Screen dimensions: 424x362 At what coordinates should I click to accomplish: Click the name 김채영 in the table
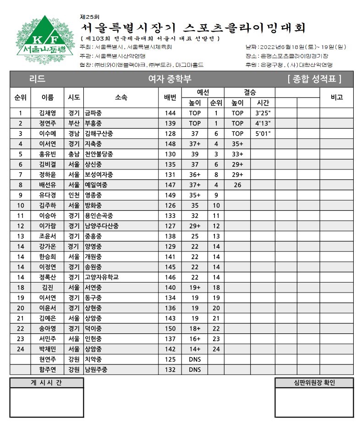[x=48, y=113]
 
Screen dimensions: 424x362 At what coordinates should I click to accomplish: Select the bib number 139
[x=170, y=123]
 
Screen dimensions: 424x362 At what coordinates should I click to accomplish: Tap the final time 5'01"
[x=263, y=134]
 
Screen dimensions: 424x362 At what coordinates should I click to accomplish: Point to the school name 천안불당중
[x=99, y=154]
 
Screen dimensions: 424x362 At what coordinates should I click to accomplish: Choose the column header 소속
[x=121, y=98]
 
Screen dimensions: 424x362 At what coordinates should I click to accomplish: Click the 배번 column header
[x=170, y=98]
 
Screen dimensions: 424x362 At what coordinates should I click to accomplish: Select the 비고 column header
[x=336, y=98]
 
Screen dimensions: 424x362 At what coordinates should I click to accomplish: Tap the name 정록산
[x=48, y=277]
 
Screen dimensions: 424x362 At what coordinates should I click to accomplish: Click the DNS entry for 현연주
[x=195, y=359]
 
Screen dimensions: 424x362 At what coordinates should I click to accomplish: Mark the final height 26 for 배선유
[x=237, y=185]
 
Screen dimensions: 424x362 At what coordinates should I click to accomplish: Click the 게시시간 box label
[x=46, y=383]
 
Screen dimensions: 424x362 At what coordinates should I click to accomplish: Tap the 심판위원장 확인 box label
[x=314, y=383]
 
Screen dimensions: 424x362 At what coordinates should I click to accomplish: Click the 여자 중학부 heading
[x=170, y=79]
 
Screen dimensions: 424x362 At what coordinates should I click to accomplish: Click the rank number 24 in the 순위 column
[x=20, y=349]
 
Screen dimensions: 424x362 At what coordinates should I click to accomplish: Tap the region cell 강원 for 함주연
[x=74, y=370]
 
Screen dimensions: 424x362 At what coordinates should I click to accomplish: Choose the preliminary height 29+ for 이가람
[x=195, y=226]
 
